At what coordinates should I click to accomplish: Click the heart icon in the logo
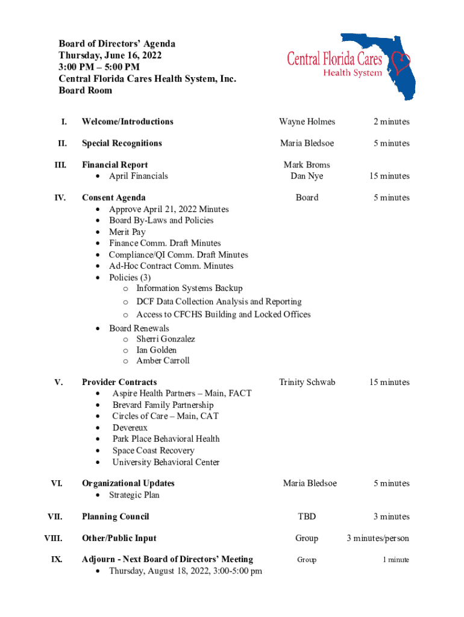click(x=400, y=61)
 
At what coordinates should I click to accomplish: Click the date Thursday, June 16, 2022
click(x=110, y=55)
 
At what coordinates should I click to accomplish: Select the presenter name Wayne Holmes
click(x=307, y=122)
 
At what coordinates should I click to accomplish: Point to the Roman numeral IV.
click(x=60, y=198)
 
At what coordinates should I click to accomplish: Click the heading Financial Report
click(x=114, y=164)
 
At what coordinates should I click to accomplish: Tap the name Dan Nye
click(x=307, y=176)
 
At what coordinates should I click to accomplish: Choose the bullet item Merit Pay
click(x=127, y=232)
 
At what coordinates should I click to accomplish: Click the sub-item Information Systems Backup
click(x=189, y=289)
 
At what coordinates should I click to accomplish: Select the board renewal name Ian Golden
click(x=156, y=350)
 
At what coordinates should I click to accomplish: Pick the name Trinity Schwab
click(x=307, y=382)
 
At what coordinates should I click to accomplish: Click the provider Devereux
click(x=130, y=428)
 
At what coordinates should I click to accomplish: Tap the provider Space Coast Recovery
click(x=153, y=451)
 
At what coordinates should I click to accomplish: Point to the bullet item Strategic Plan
click(x=134, y=495)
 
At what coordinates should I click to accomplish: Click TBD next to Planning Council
click(x=307, y=516)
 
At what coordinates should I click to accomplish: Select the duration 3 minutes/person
click(x=378, y=538)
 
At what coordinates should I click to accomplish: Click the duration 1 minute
click(x=395, y=560)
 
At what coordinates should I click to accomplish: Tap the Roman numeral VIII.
click(x=57, y=538)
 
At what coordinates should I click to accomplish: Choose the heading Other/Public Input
click(x=119, y=538)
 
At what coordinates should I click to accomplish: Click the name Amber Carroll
click(x=163, y=361)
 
